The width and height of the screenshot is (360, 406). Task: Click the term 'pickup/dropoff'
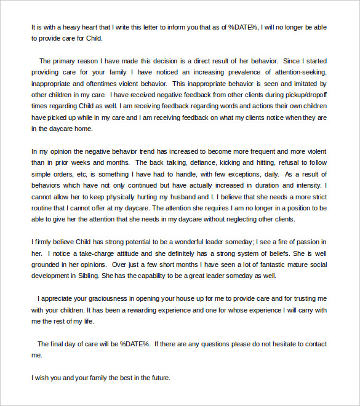tap(305, 94)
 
